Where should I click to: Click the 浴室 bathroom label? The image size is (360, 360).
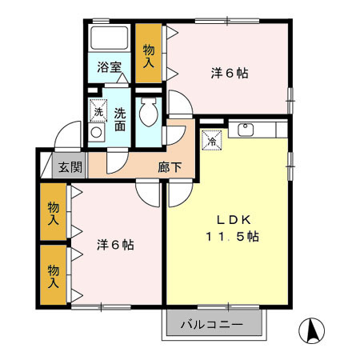[x=110, y=67]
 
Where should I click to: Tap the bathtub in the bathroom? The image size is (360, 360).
[x=110, y=38]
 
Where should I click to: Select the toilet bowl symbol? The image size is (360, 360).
[x=148, y=114]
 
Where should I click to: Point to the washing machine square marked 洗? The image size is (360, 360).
[x=98, y=110]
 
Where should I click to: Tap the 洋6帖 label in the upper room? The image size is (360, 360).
[x=229, y=73]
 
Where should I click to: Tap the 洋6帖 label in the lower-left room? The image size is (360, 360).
[x=115, y=244]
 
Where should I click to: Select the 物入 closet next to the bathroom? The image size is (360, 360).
[x=149, y=57]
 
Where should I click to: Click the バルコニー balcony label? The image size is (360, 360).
[x=213, y=325]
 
